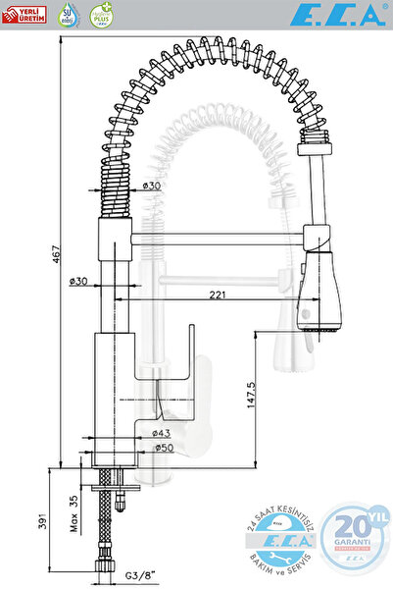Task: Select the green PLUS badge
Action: pyautogui.click(x=100, y=14)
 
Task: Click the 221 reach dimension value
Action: pyautogui.click(x=218, y=295)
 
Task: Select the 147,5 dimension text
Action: pyautogui.click(x=251, y=398)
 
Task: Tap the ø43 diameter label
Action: pyautogui.click(x=161, y=433)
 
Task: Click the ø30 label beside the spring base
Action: pyautogui.click(x=151, y=186)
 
